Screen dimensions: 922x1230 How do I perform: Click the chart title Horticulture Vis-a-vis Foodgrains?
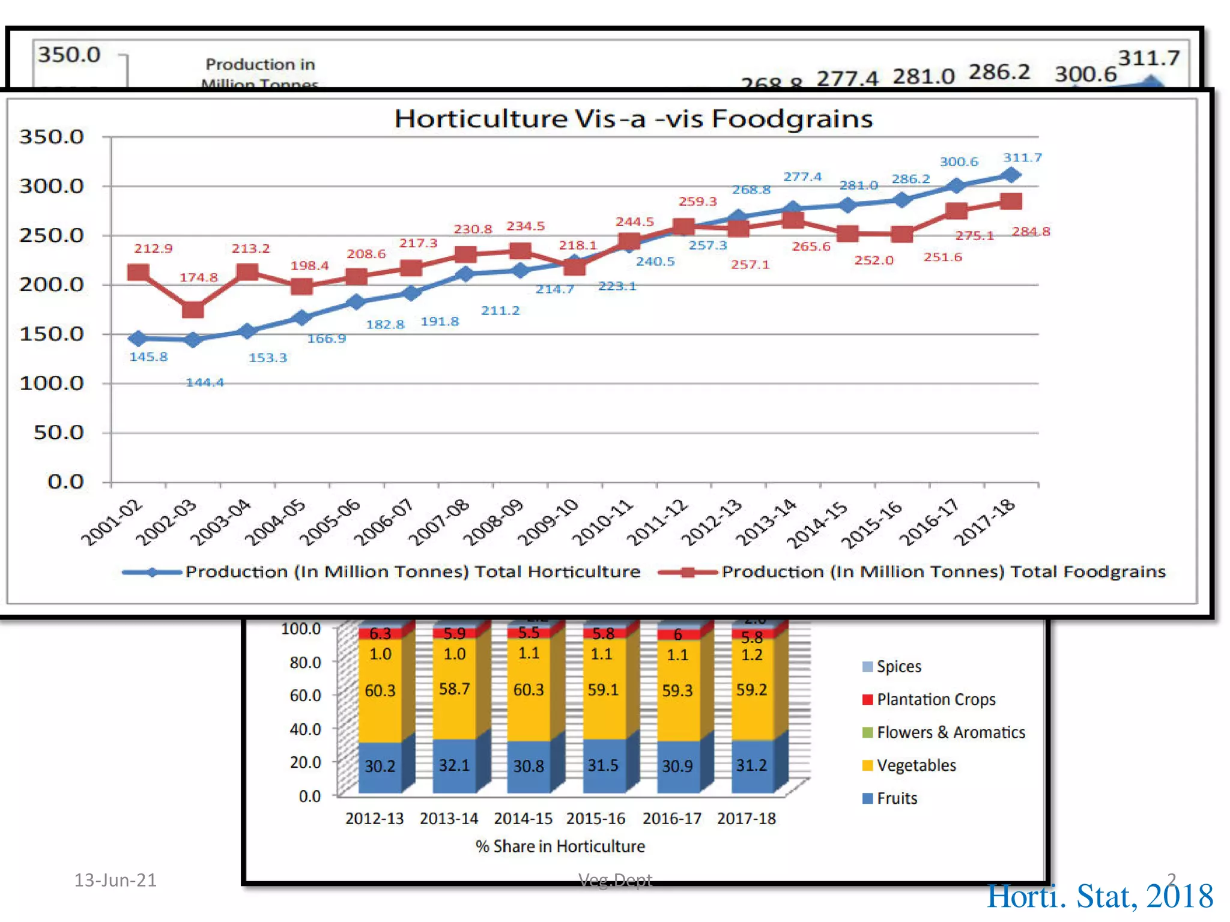point(633,119)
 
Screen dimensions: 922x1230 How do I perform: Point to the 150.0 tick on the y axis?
point(52,334)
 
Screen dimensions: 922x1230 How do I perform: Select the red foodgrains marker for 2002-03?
point(193,310)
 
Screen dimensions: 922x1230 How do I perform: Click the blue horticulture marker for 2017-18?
point(1011,175)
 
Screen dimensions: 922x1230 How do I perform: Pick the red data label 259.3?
point(697,202)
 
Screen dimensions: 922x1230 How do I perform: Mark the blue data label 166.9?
point(327,339)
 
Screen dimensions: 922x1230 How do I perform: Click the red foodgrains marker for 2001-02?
point(138,273)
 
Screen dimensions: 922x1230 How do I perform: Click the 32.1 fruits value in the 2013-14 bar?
point(454,765)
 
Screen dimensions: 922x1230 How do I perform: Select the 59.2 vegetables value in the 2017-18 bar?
point(751,690)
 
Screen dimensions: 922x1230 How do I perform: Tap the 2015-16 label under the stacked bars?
point(596,819)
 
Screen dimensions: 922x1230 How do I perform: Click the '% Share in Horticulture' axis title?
point(560,846)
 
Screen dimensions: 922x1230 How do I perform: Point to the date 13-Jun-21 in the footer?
point(115,880)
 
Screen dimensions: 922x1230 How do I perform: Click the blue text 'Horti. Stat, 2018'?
point(1100,897)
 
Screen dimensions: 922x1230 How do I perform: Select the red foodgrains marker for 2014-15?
point(847,234)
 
